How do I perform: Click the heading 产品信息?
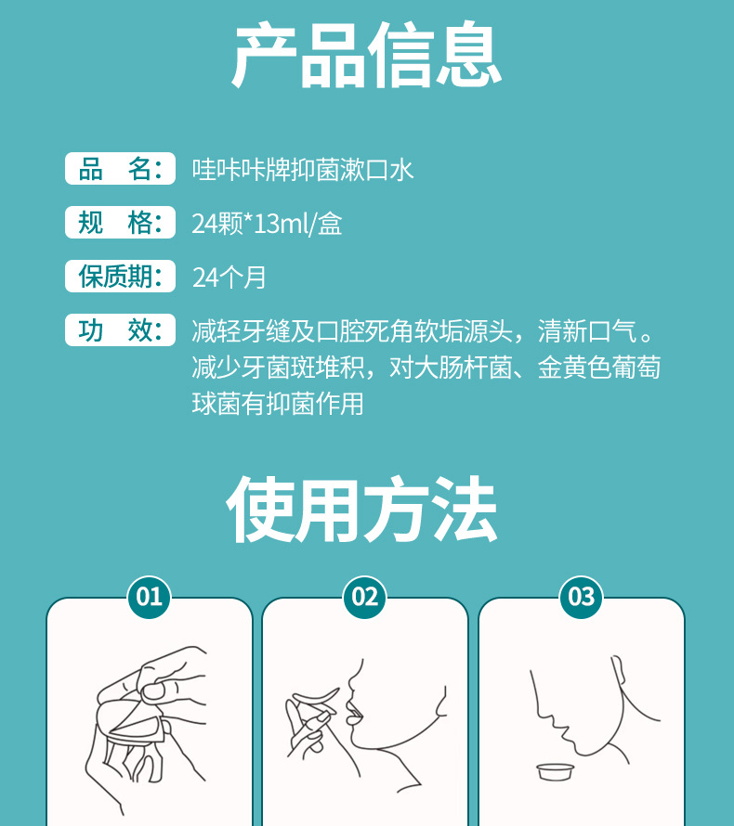click(x=366, y=55)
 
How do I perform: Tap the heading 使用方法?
click(x=361, y=509)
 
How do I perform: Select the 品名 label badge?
click(x=120, y=169)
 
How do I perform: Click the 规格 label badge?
click(x=120, y=223)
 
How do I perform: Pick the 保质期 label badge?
click(x=120, y=276)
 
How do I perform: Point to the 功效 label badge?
click(x=120, y=330)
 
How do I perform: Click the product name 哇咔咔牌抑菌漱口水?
click(x=303, y=170)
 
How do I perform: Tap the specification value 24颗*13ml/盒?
click(x=267, y=224)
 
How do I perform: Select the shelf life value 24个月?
click(x=229, y=277)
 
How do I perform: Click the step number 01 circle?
click(x=150, y=597)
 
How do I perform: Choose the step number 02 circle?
click(x=365, y=597)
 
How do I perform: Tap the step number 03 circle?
click(x=581, y=597)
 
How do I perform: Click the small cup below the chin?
click(x=556, y=772)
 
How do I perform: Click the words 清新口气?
click(x=587, y=331)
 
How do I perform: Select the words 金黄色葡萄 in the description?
click(x=599, y=368)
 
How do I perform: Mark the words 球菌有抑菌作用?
click(x=278, y=404)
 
